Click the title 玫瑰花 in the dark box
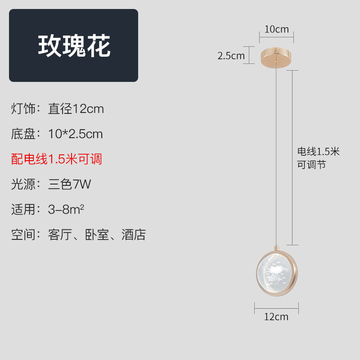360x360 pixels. (x=74, y=45)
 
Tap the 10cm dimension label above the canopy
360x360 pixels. (x=276, y=30)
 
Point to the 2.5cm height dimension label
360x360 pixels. (x=231, y=56)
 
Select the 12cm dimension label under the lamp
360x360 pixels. (x=276, y=316)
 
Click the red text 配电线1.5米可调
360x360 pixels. (x=57, y=159)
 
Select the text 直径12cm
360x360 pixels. (x=76, y=109)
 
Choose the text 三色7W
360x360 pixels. (x=70, y=184)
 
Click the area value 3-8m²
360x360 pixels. (x=67, y=209)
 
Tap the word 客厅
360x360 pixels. (x=60, y=235)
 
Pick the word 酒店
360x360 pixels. (x=134, y=235)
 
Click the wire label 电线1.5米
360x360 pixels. (x=318, y=152)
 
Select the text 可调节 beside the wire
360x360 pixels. (x=311, y=165)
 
